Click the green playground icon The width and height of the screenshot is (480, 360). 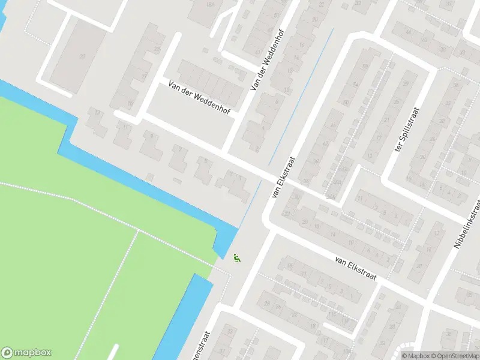click(236, 258)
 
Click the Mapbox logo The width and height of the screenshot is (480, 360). click(26, 353)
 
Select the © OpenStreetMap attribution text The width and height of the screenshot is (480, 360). click(455, 356)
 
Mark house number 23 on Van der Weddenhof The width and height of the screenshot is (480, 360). click(158, 49)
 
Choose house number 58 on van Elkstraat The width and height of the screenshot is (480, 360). click(364, 67)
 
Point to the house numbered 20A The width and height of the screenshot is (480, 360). click(338, 183)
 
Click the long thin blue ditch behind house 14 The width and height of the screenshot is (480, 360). click(300, 96)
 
